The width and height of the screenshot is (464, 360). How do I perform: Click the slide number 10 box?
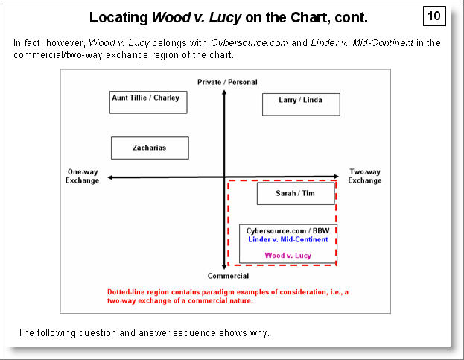(x=434, y=16)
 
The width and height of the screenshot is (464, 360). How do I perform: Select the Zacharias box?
(x=150, y=148)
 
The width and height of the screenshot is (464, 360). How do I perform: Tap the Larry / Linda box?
(x=301, y=104)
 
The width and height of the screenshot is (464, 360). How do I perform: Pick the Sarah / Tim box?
(x=296, y=194)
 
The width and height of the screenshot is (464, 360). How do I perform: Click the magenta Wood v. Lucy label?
(x=287, y=256)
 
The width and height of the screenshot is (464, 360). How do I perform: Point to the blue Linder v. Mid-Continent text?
(x=287, y=239)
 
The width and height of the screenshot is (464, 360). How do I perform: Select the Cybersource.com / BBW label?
(x=287, y=231)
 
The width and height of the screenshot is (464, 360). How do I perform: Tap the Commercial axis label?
(x=223, y=276)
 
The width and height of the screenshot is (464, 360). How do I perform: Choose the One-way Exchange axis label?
(x=82, y=176)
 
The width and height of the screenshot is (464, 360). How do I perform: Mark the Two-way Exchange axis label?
(x=365, y=176)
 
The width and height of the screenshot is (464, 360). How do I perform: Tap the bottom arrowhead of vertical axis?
(x=223, y=265)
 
